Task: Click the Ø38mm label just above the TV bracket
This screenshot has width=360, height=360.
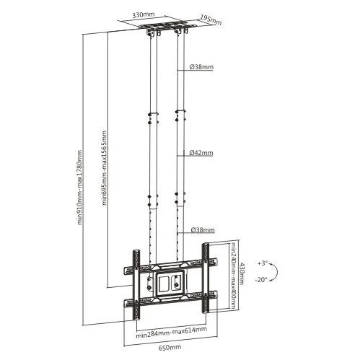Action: [x=203, y=231]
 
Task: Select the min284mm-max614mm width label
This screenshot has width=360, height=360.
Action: [x=169, y=333]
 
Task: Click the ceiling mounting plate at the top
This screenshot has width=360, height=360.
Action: [x=167, y=30]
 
